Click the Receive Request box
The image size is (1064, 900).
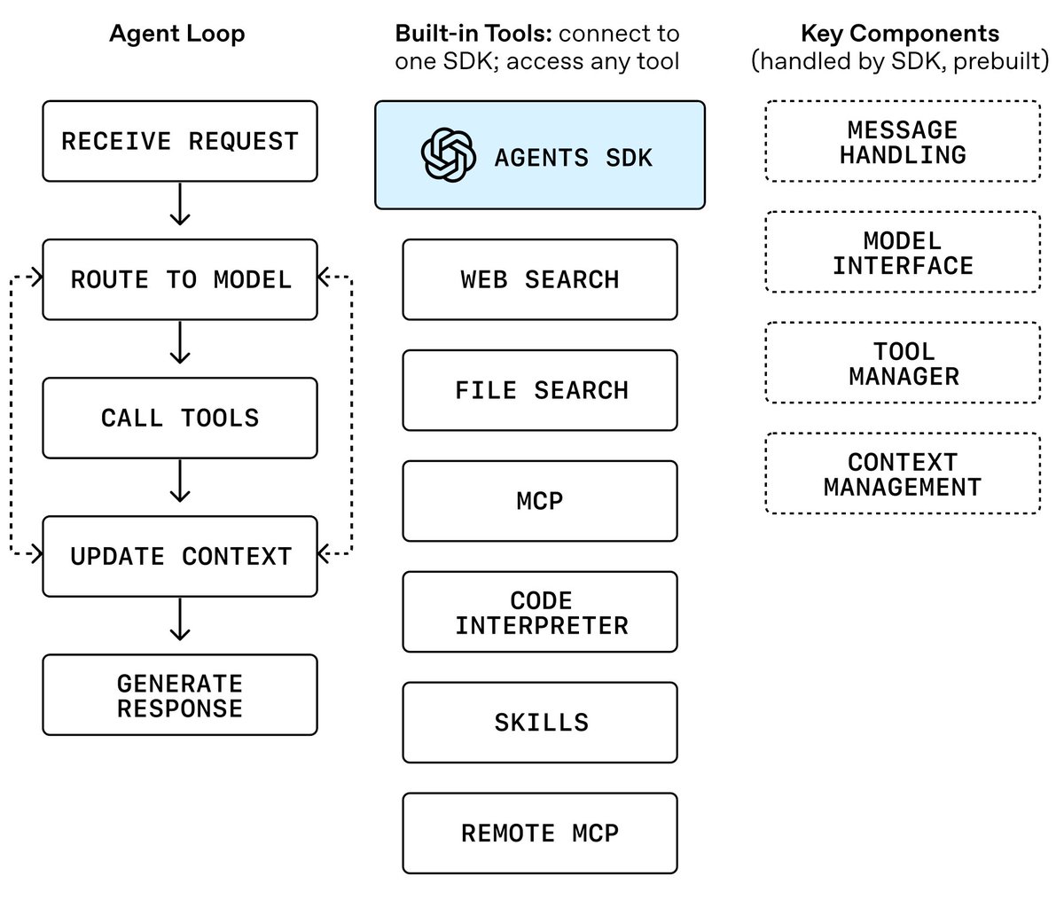tap(180, 141)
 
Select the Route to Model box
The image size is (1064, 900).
tap(180, 279)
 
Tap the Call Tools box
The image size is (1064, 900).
tap(180, 418)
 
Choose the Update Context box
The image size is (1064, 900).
tap(180, 557)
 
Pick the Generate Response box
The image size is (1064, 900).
tap(180, 695)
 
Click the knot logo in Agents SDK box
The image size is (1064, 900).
tap(448, 155)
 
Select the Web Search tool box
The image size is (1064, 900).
tap(539, 279)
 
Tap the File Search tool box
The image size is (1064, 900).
tap(539, 390)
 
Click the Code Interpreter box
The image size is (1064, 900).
tap(539, 612)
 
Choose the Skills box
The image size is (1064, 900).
tap(539, 723)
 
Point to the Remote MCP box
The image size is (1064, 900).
tap(539, 833)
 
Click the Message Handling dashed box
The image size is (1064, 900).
tap(903, 141)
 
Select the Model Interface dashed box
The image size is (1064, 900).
tap(903, 253)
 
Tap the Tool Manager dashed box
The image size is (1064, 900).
tap(903, 363)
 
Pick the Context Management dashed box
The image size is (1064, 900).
tap(903, 473)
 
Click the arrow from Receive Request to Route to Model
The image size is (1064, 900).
tap(180, 205)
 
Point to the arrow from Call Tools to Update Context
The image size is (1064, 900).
tap(180, 481)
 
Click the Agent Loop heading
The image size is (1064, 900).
tap(177, 35)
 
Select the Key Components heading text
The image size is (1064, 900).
tap(900, 34)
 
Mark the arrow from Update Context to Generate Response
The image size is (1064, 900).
tap(180, 620)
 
